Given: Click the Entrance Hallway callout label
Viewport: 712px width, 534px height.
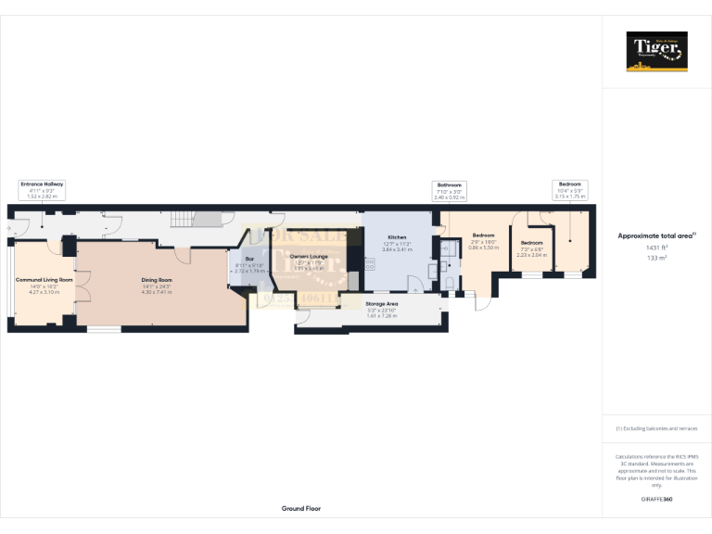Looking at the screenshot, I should tap(43, 190).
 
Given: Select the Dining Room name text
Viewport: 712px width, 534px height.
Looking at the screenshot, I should tap(157, 280).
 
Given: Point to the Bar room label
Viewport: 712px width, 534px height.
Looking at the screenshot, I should tap(249, 260).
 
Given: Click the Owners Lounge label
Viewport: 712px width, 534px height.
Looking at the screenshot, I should tap(309, 256).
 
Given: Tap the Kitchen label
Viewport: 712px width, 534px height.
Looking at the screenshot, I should tap(397, 237).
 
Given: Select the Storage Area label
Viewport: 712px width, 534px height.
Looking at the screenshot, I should tap(381, 303).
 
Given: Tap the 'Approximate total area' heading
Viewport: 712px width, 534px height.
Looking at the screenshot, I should tap(655, 235).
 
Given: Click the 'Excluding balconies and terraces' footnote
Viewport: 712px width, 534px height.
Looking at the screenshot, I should tap(656, 428).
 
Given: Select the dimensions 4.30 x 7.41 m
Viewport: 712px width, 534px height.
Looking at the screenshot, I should tap(157, 292).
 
